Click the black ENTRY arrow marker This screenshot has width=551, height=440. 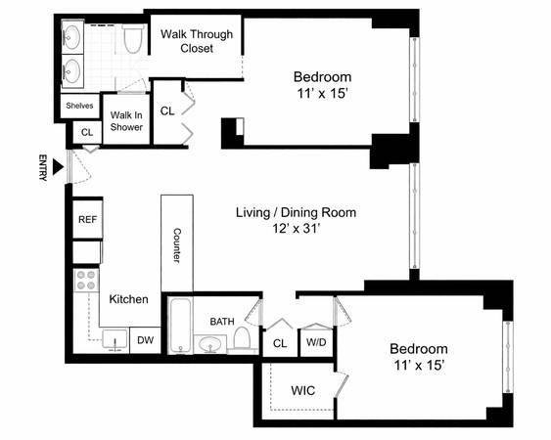[x=58, y=166]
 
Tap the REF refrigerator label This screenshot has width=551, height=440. [x=87, y=219]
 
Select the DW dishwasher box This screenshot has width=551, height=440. [x=146, y=340]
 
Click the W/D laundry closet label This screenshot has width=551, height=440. [x=316, y=342]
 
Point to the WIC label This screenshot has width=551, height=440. [x=303, y=390]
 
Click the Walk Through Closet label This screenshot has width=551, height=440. [x=197, y=41]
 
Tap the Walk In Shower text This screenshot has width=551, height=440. [x=126, y=121]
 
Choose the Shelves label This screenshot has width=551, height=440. [x=80, y=106]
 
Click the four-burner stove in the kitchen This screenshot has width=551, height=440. [x=86, y=281]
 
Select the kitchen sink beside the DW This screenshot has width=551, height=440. [x=115, y=339]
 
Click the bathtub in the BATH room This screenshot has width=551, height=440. [x=181, y=326]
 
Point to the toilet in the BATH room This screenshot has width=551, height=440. [x=242, y=338]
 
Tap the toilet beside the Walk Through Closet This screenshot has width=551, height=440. [x=132, y=39]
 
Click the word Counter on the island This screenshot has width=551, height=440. [x=177, y=245]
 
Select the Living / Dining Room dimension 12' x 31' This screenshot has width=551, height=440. [x=297, y=229]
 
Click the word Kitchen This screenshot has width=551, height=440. [x=128, y=299]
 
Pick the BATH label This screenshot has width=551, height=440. [x=222, y=322]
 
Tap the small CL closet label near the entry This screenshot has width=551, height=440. [x=87, y=132]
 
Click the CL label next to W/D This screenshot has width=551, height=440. [x=280, y=343]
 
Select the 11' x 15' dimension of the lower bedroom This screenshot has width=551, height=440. [x=419, y=366]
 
